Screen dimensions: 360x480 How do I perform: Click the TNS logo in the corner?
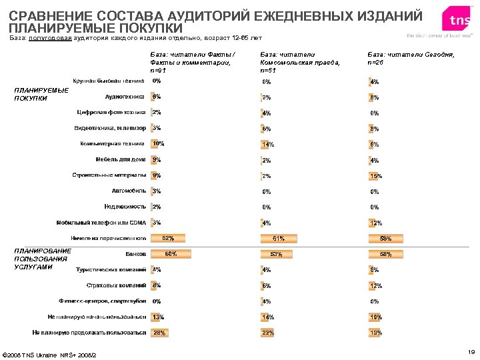point(459,21)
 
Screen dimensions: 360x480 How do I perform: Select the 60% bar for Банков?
point(170,254)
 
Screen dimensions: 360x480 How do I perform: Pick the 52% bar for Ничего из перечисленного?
point(167,238)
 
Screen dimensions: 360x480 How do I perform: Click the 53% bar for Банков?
point(276,254)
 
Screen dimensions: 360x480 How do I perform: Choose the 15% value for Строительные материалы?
point(376,176)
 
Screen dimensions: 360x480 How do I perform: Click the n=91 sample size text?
point(159,69)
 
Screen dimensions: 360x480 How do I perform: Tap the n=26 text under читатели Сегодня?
point(376,62)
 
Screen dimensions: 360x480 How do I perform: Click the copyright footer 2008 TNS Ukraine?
point(49,354)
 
